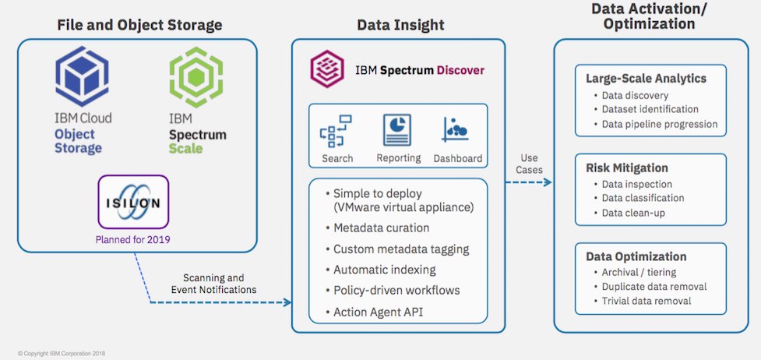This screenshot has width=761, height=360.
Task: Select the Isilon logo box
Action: pyautogui.click(x=133, y=203)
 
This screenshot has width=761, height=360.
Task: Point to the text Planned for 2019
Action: pyautogui.click(x=133, y=240)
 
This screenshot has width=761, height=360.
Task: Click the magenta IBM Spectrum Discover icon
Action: pyautogui.click(x=327, y=69)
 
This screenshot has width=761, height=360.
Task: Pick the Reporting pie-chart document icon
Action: pyautogui.click(x=397, y=130)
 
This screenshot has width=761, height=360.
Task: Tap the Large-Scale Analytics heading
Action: pyautogui.click(x=646, y=79)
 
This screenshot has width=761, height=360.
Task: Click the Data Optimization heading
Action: pyautogui.click(x=636, y=256)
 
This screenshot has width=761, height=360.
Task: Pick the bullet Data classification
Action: pyautogui.click(x=643, y=198)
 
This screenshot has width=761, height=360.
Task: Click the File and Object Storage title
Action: pyautogui.click(x=139, y=26)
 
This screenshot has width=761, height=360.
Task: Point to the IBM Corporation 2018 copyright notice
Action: pyautogui.click(x=62, y=353)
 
